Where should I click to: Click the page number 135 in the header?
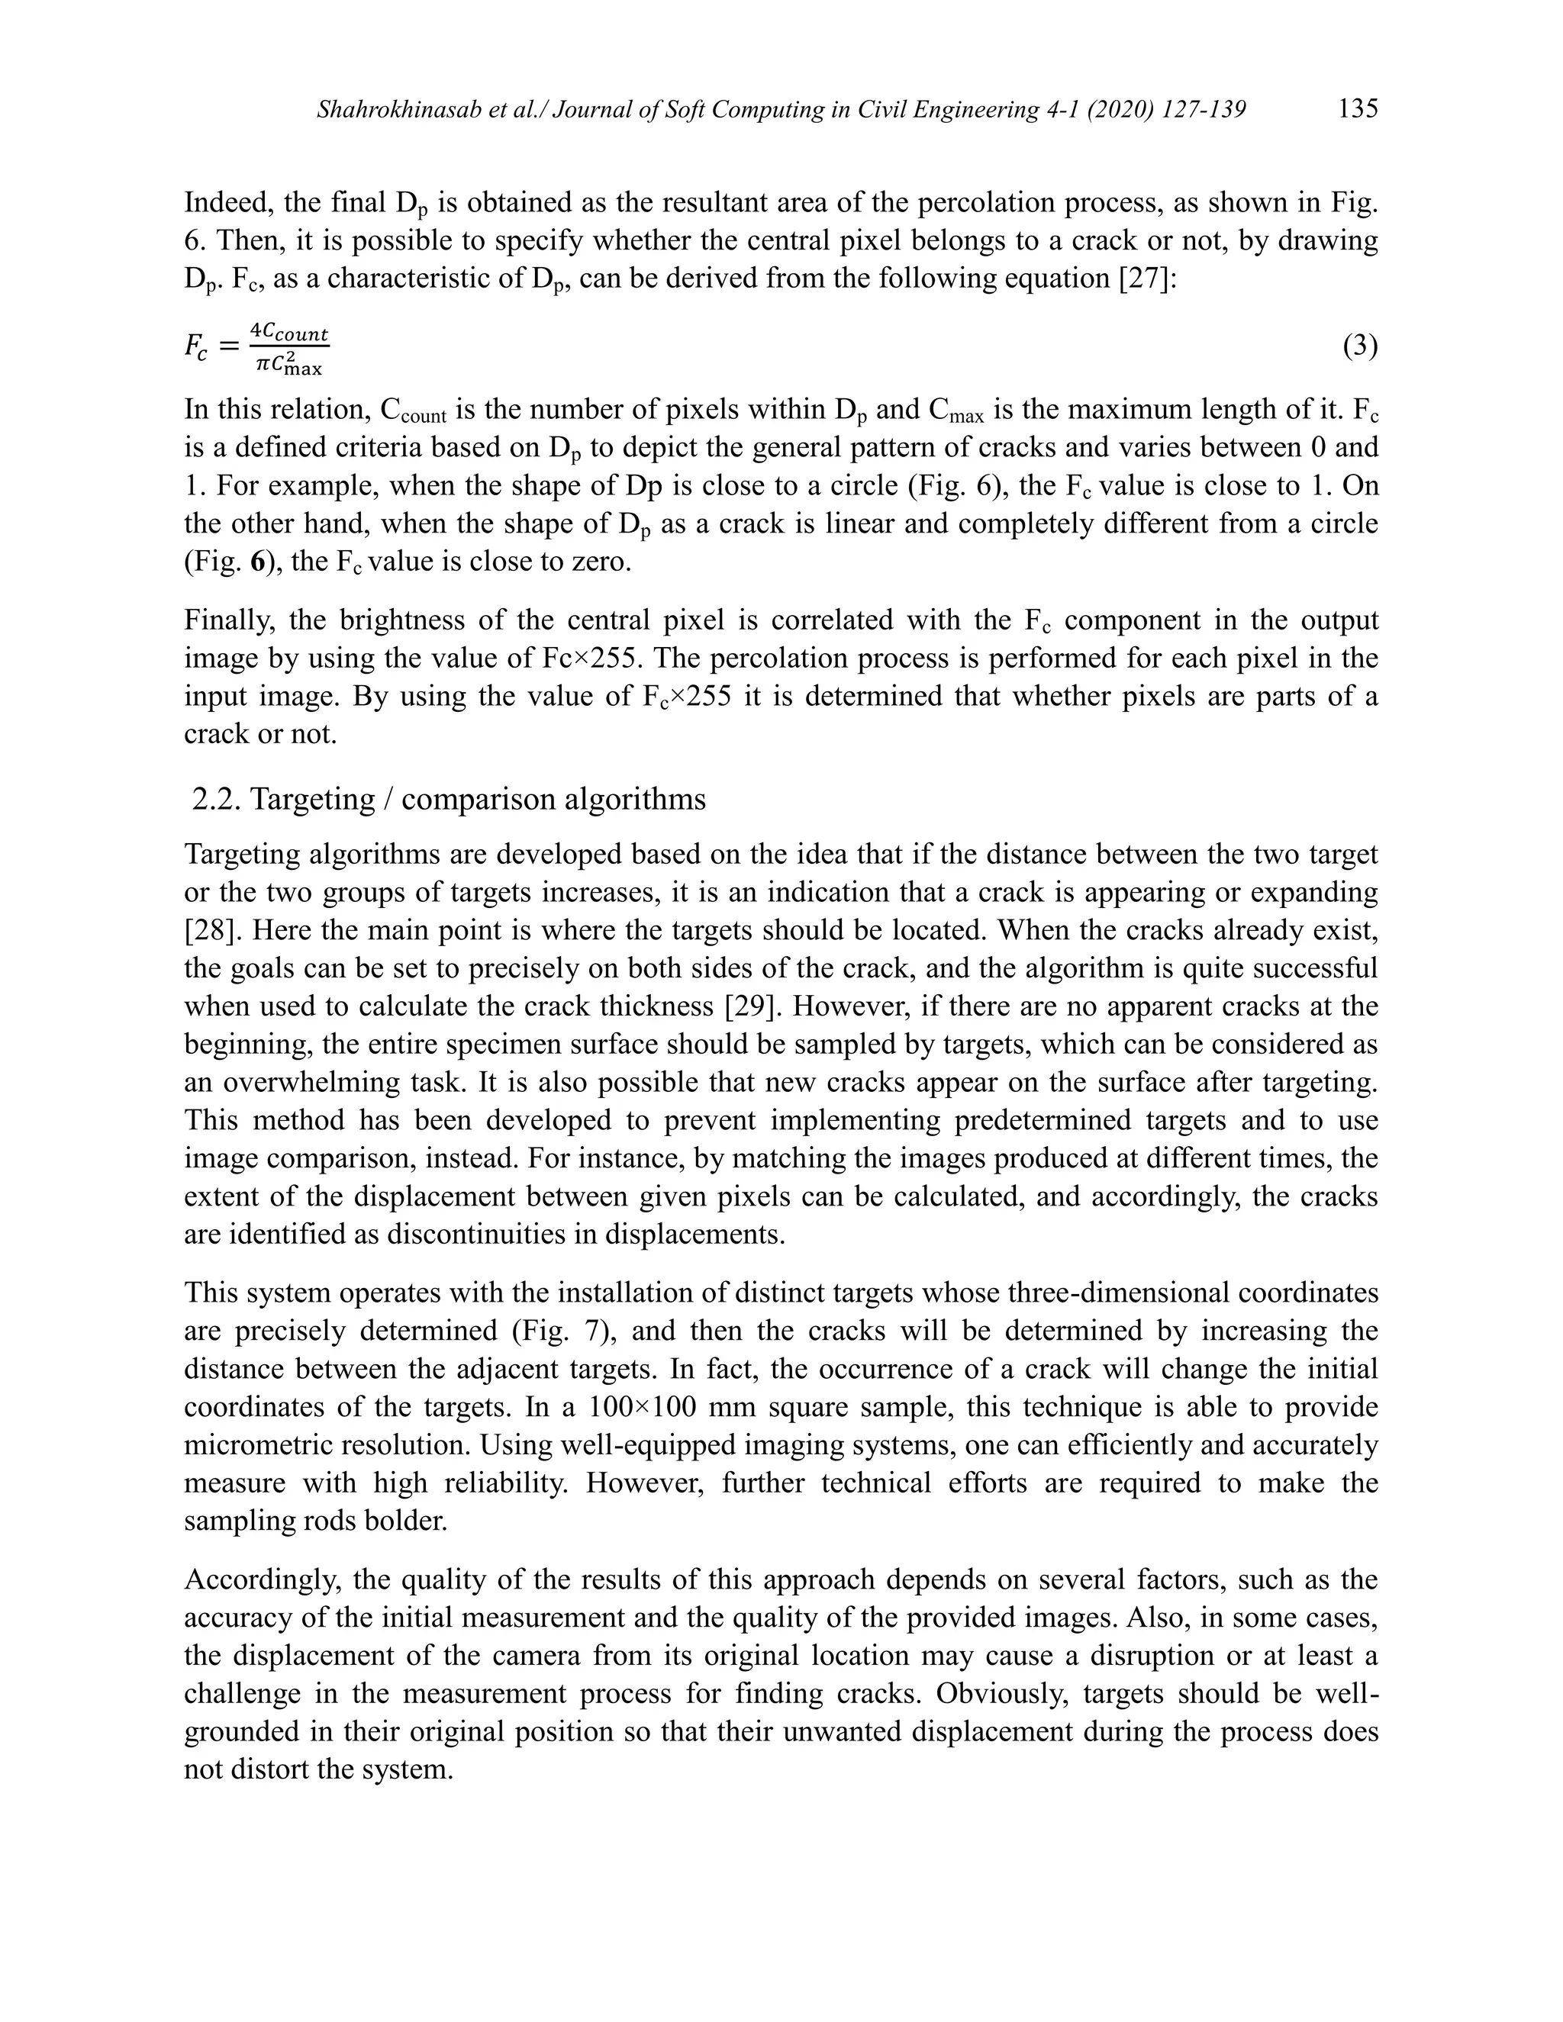(x=1358, y=109)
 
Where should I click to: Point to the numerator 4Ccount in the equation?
(x=290, y=333)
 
